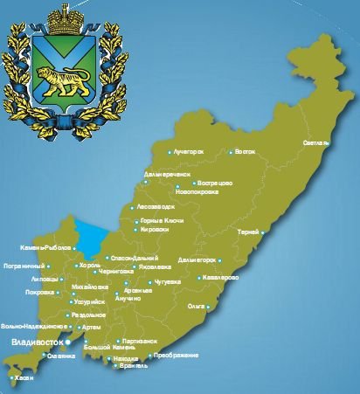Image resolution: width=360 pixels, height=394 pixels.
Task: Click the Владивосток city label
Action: point(34,342)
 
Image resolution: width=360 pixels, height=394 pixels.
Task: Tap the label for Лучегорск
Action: point(188,152)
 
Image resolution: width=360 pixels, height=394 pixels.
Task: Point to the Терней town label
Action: point(247,232)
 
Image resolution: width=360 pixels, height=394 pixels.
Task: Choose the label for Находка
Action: point(126,359)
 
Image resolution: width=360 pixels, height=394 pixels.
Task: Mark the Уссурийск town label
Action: point(91,300)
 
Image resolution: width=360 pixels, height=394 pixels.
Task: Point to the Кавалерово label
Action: point(220,278)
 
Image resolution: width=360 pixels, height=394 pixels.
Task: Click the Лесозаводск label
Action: point(156,207)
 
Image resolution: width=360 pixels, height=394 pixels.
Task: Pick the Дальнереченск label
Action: point(166,174)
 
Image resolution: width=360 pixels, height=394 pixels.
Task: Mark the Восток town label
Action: point(246,152)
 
